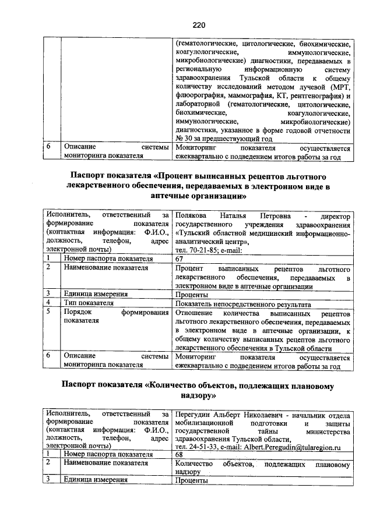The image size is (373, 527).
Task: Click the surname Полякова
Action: pyautogui.click(x=192, y=215)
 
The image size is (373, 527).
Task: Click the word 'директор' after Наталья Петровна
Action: pyautogui.click(x=335, y=215)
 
